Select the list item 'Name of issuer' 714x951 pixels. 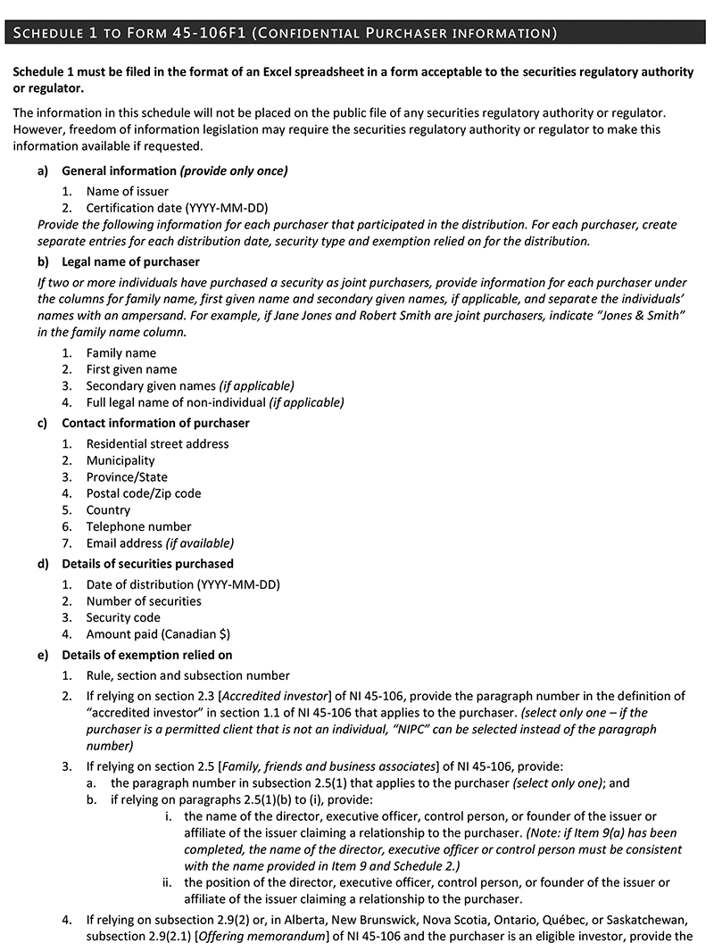(x=127, y=191)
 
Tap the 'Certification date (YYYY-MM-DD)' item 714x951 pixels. (x=177, y=208)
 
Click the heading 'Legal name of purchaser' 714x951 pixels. (x=130, y=261)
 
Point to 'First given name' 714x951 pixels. (x=131, y=369)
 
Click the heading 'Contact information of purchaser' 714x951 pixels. (x=155, y=423)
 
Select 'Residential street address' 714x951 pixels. (x=157, y=443)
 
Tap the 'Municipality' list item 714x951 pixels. (x=120, y=460)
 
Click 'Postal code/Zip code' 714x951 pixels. (x=144, y=493)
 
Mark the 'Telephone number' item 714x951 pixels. (x=138, y=526)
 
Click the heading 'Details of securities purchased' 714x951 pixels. (x=147, y=564)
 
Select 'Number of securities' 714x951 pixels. (x=144, y=601)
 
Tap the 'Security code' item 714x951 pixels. (x=123, y=617)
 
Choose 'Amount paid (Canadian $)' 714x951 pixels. (x=158, y=634)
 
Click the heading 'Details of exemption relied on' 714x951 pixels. (x=146, y=655)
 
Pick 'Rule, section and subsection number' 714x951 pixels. (x=187, y=675)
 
